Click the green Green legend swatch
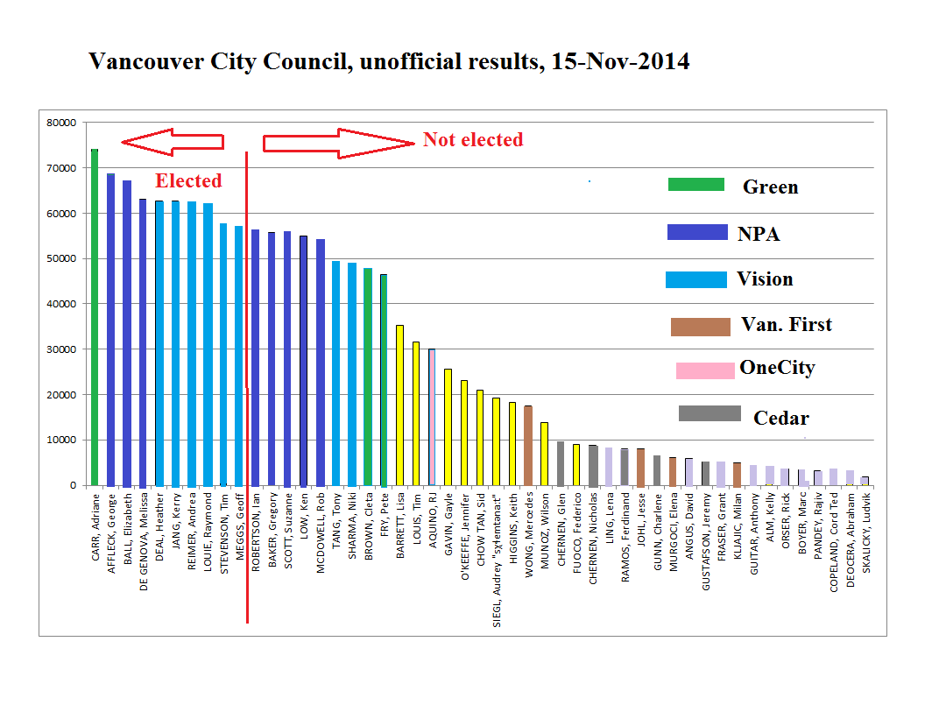pyautogui.click(x=696, y=185)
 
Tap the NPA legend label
pyautogui.click(x=759, y=234)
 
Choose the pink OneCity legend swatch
pyautogui.click(x=705, y=370)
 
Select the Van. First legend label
pyautogui.click(x=786, y=325)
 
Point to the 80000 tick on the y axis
pyautogui.click(x=61, y=123)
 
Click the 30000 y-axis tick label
pyautogui.click(x=61, y=349)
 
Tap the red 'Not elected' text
pyautogui.click(x=473, y=140)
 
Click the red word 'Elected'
pyautogui.click(x=188, y=181)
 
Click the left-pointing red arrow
pyautogui.click(x=172, y=141)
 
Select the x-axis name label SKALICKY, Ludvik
pyautogui.click(x=865, y=532)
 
